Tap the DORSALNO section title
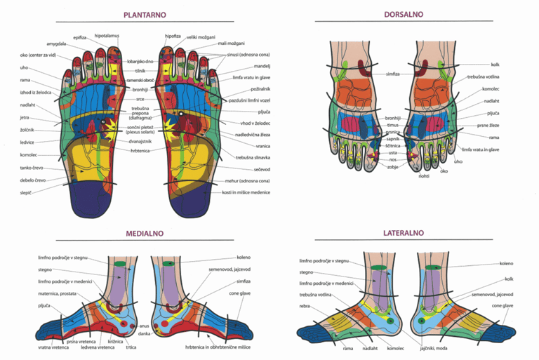(404, 14)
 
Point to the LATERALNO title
(404, 233)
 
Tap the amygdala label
(56, 44)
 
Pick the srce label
(140, 99)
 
